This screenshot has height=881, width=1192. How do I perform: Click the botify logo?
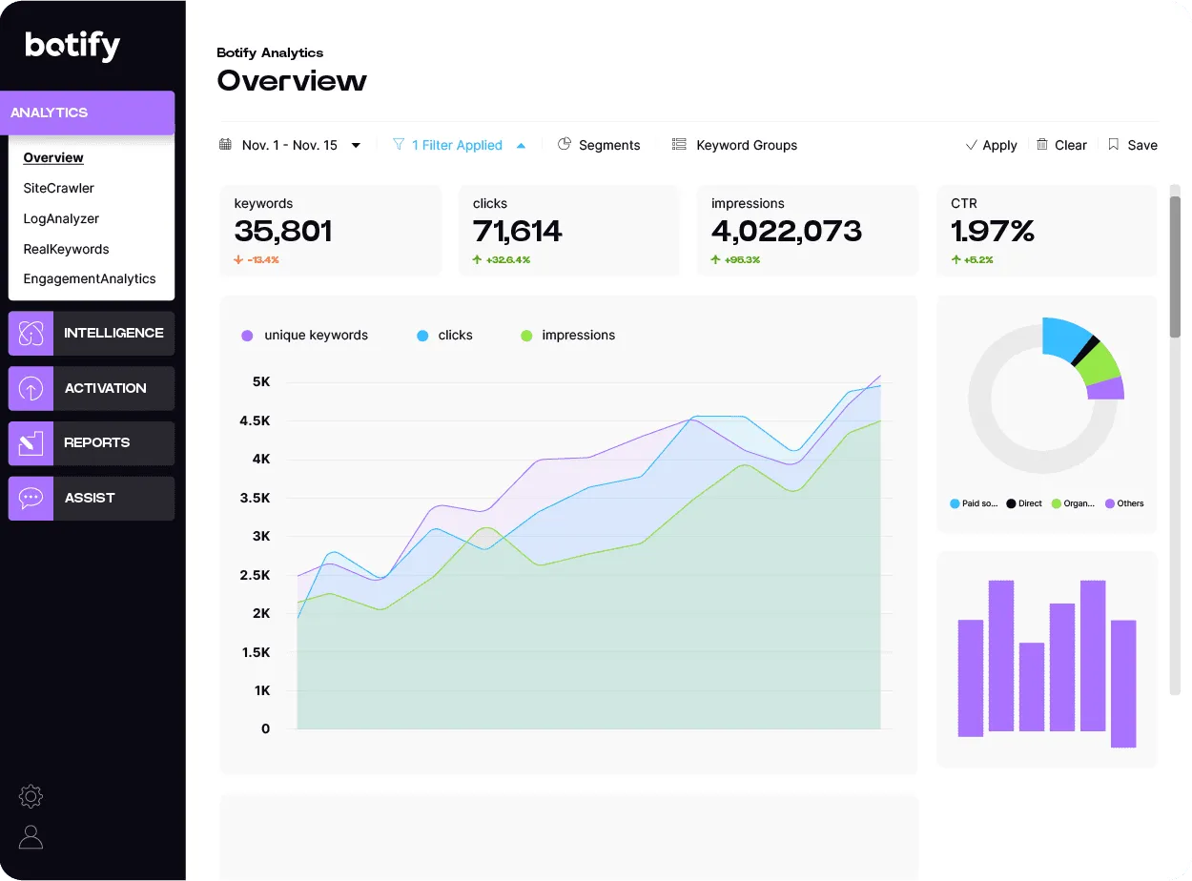click(x=72, y=45)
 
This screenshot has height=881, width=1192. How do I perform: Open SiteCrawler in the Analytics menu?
click(x=59, y=188)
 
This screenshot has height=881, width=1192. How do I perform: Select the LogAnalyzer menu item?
click(x=61, y=218)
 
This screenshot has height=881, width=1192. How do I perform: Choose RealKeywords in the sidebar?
click(x=66, y=249)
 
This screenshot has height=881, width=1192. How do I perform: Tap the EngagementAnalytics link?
click(x=90, y=278)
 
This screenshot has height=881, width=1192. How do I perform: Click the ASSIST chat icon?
click(x=31, y=498)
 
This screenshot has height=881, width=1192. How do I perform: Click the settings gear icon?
click(x=31, y=796)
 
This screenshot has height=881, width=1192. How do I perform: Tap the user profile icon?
click(x=31, y=837)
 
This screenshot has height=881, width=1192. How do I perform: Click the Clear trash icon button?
click(x=1043, y=145)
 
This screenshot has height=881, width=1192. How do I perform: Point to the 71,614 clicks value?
click(x=518, y=231)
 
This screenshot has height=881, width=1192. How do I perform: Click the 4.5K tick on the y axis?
click(x=255, y=420)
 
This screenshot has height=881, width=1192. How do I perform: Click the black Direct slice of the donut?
click(x=1084, y=351)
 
